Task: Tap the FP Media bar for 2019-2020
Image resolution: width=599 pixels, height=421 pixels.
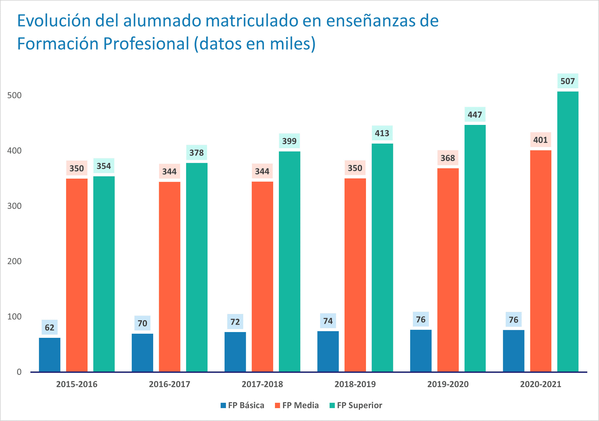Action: pos(448,270)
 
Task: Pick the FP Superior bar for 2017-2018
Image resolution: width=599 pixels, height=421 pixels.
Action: pos(289,261)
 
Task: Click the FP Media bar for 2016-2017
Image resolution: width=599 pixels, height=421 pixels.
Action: pos(169,277)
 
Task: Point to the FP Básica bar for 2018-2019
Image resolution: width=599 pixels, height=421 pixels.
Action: pos(328,351)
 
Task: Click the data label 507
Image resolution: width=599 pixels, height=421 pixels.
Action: pos(568,81)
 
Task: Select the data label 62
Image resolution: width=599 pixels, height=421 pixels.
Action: pos(50,327)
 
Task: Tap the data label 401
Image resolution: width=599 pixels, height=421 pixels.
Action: pos(541,140)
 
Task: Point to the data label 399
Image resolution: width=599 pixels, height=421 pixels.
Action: pos(289,141)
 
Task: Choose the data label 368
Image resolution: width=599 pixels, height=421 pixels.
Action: pos(448,158)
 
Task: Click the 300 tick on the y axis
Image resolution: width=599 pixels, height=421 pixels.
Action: pos(14,206)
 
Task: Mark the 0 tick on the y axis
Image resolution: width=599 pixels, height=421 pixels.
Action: pos(19,372)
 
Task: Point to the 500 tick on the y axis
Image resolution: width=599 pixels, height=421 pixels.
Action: pos(14,95)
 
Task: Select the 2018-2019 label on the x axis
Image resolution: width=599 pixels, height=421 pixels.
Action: pos(355,384)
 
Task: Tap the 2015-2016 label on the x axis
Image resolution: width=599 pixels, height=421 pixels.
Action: pos(77,384)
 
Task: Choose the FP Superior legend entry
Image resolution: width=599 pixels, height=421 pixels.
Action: pos(356,405)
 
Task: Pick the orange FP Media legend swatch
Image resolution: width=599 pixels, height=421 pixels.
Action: pos(278,405)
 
